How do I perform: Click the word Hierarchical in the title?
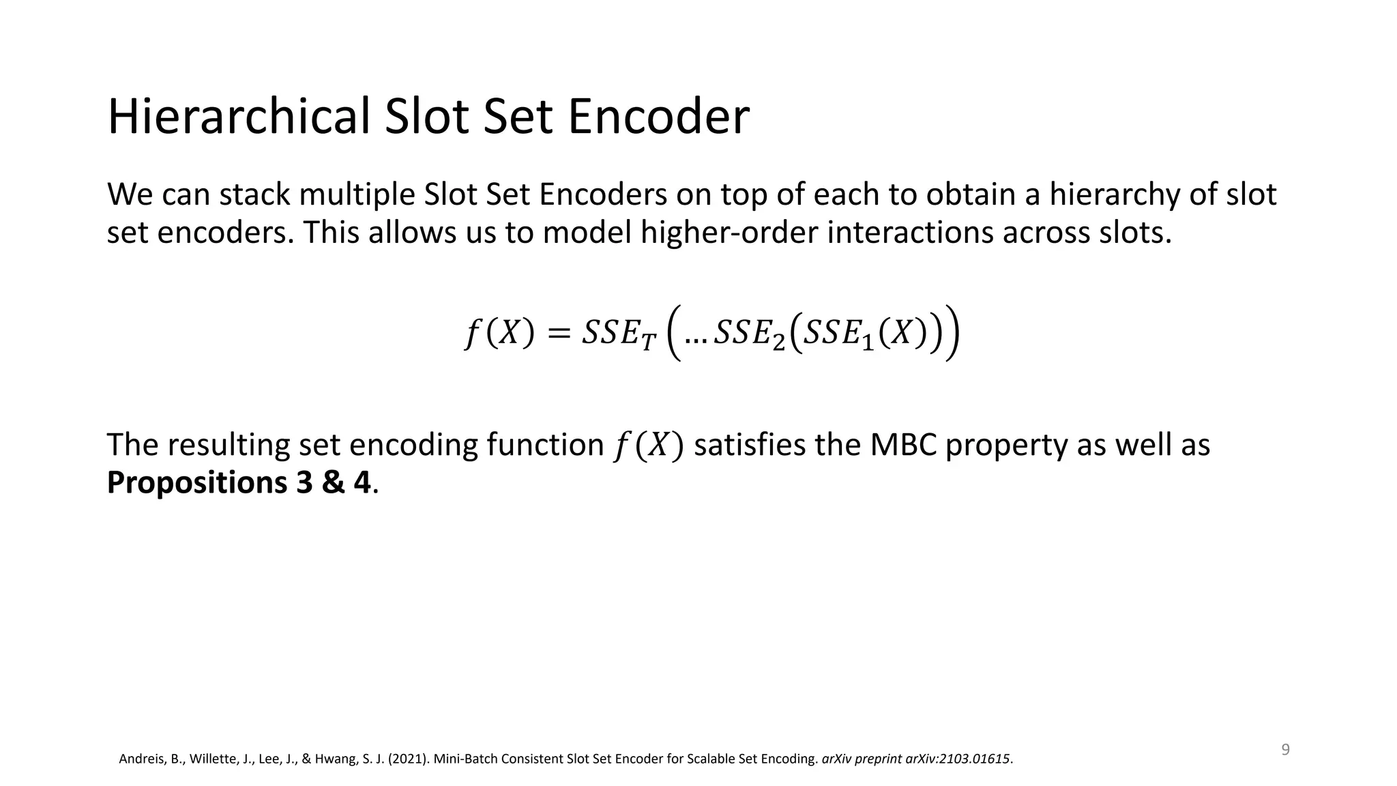tap(239, 117)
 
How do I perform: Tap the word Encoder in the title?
tap(658, 117)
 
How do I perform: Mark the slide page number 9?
tap(1285, 750)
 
